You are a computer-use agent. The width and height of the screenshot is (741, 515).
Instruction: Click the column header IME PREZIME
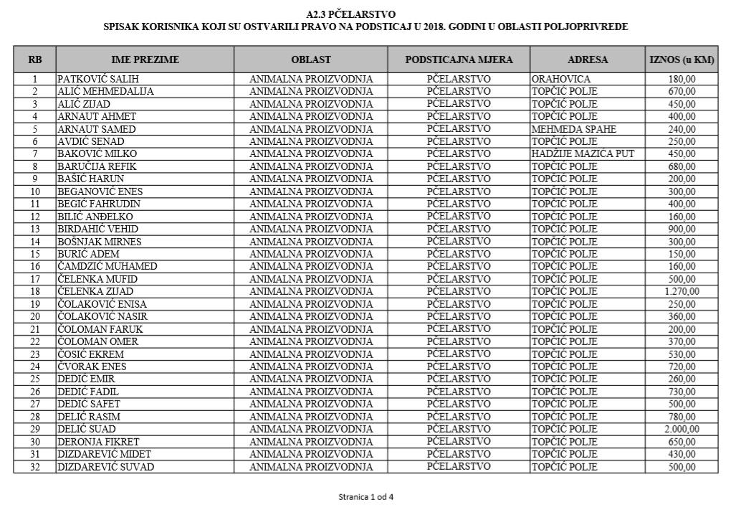coord(145,60)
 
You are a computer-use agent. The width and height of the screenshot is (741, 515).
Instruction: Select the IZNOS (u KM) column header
coord(681,60)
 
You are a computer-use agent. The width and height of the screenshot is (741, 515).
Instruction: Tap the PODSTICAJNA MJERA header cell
coord(459,60)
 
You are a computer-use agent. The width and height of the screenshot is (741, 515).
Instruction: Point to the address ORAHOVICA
coord(560,79)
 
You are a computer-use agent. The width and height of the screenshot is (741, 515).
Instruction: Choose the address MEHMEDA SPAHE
coord(573,129)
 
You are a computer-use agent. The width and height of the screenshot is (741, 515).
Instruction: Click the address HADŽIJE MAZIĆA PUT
coord(583,154)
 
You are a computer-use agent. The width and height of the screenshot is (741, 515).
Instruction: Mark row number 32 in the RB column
coord(34,467)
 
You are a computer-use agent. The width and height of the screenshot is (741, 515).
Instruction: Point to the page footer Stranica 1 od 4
coord(365,496)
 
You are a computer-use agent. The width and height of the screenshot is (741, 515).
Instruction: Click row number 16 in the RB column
coord(34,267)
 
